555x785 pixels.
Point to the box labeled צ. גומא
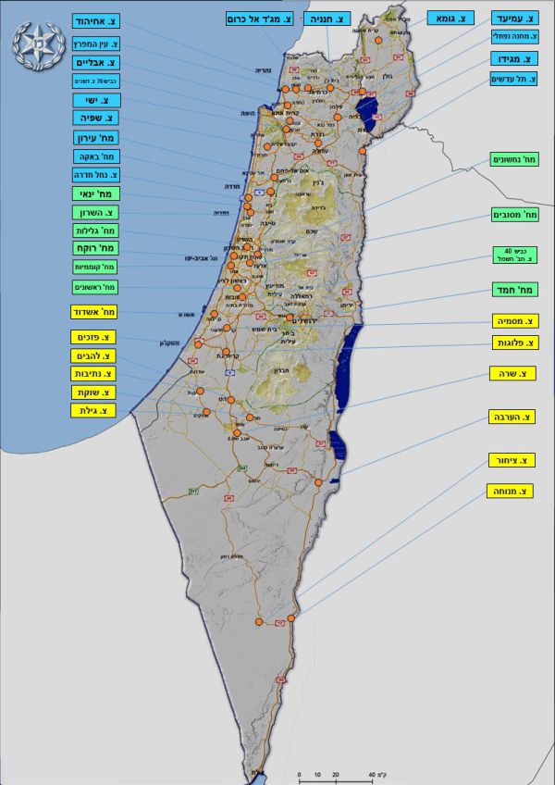(451, 18)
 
